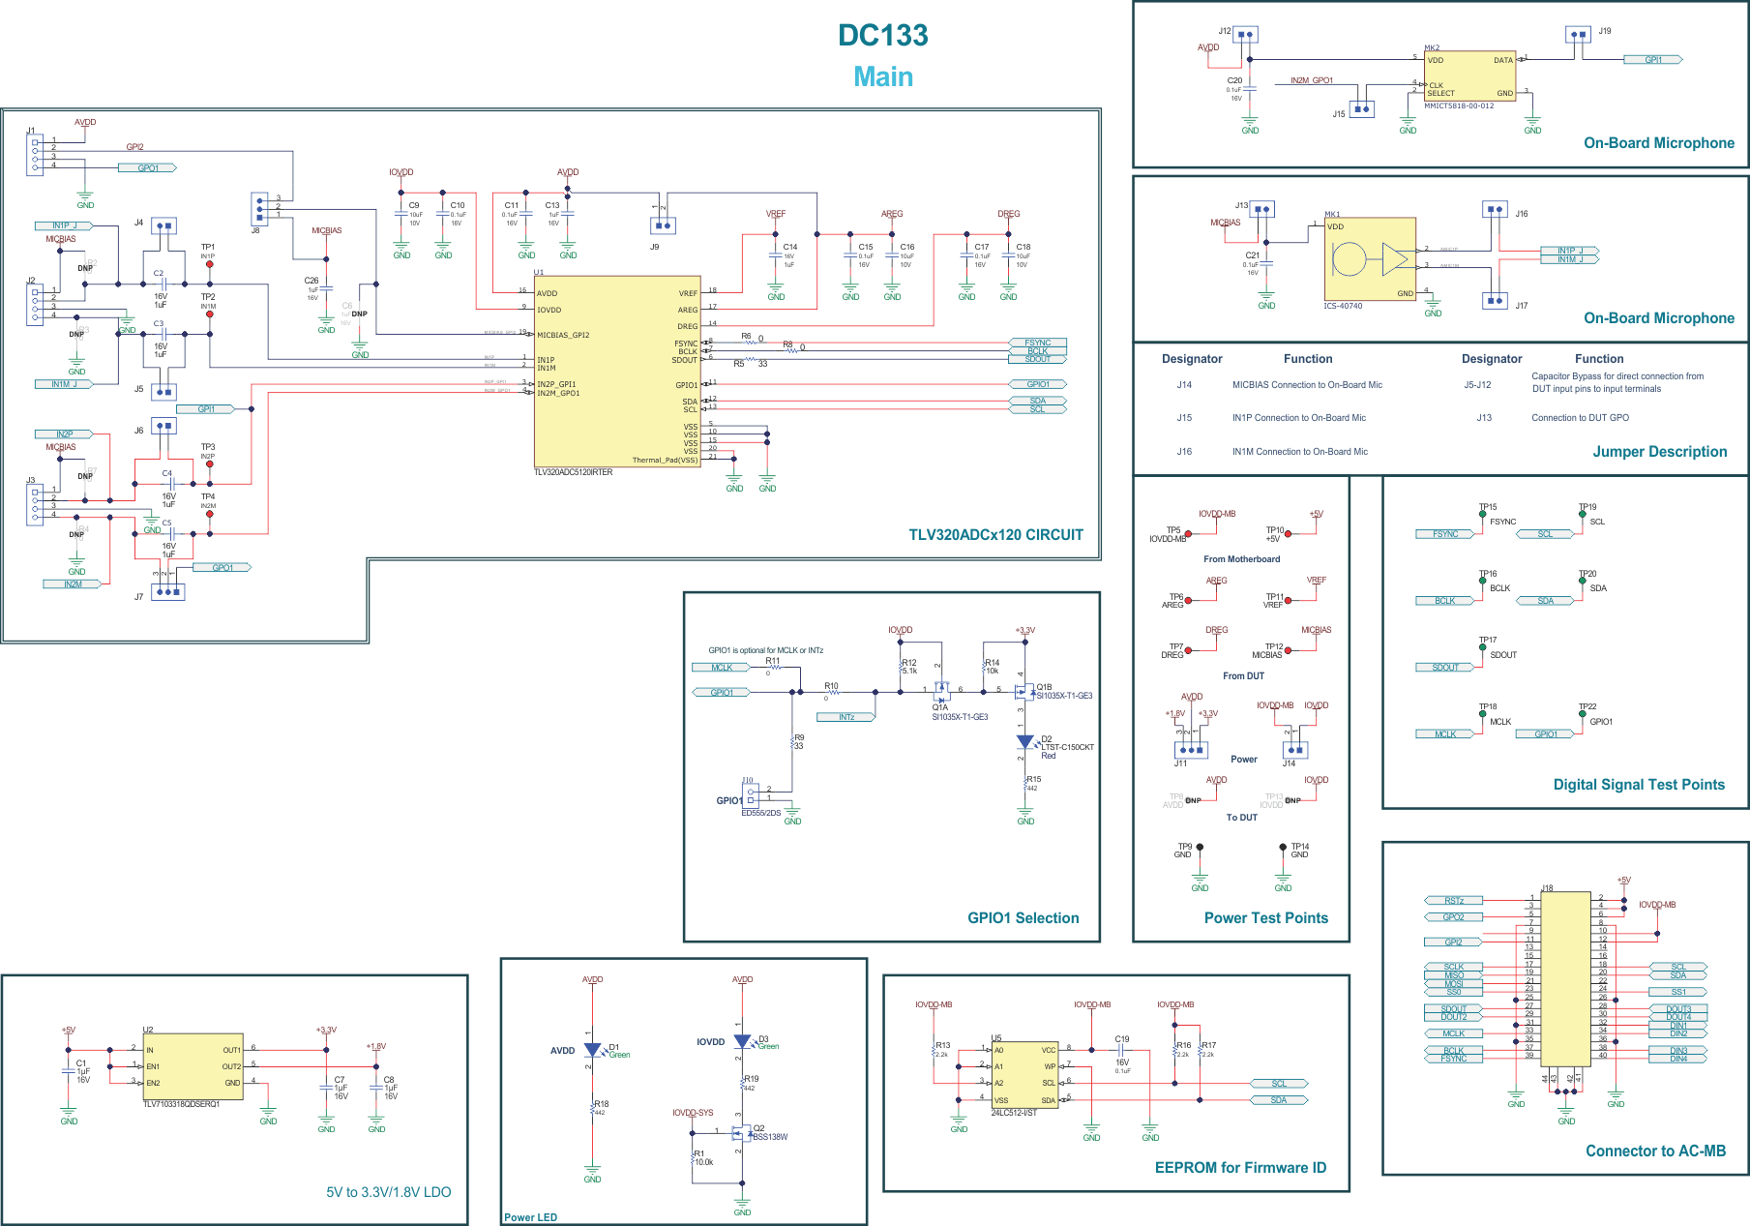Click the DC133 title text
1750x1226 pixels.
tap(882, 36)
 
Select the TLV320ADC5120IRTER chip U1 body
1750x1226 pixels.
tap(616, 373)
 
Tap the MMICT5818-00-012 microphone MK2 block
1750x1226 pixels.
tap(1469, 76)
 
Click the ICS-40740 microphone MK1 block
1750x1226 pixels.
tap(1369, 259)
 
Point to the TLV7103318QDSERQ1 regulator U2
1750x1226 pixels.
tap(193, 1065)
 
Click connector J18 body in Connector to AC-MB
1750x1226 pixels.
tap(1564, 977)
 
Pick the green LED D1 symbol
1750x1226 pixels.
tap(593, 1050)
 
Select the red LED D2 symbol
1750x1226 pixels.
tap(1025, 742)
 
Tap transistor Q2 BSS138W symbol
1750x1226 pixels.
tap(740, 1132)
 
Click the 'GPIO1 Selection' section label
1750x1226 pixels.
tap(1023, 918)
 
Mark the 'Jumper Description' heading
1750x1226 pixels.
tap(1659, 452)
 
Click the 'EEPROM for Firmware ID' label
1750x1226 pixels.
tap(1240, 1168)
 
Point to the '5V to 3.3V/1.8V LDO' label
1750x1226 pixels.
tap(388, 1192)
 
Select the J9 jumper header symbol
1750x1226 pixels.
tap(663, 225)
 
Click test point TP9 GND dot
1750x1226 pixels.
tap(1200, 848)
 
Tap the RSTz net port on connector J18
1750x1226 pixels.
tap(1453, 901)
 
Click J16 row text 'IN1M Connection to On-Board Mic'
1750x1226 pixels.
tap(1299, 452)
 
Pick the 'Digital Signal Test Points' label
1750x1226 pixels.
tap(1639, 785)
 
